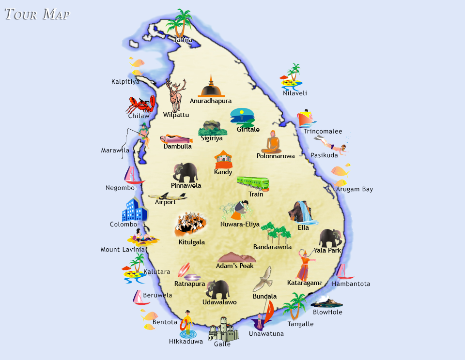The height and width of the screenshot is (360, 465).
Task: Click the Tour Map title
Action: click(x=37, y=14)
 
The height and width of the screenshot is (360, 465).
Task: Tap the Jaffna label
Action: click(x=183, y=40)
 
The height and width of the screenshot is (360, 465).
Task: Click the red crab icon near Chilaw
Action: click(x=141, y=104)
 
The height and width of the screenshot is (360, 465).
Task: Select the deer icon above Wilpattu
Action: click(x=175, y=95)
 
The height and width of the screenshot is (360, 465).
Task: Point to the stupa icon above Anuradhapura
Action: click(x=211, y=87)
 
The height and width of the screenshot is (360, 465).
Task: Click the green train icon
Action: click(x=253, y=183)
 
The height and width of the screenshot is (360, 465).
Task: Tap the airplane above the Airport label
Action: click(x=167, y=196)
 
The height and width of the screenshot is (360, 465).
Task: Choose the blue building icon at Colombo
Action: click(x=134, y=210)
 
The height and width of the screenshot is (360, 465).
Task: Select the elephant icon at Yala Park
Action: click(x=330, y=238)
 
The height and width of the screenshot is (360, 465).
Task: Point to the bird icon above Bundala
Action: click(x=264, y=280)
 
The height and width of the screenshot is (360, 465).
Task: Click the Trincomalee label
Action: click(x=323, y=131)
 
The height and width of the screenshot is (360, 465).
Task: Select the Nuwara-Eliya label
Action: click(x=240, y=225)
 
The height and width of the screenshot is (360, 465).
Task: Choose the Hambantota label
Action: click(x=351, y=284)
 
